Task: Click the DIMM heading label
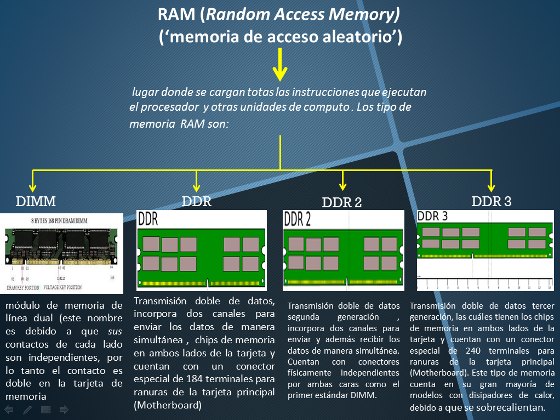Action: (x=36, y=201)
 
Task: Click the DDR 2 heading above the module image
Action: (x=341, y=202)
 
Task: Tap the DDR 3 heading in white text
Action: (x=492, y=201)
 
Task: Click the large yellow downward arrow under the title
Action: (x=280, y=65)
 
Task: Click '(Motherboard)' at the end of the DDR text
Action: (x=168, y=405)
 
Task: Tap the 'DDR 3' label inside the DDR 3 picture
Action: (x=433, y=216)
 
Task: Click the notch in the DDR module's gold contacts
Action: (x=208, y=283)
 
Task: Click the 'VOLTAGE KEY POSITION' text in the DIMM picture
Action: (x=63, y=287)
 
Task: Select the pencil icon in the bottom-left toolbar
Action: (x=27, y=410)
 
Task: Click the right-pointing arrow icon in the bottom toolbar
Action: (x=64, y=410)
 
